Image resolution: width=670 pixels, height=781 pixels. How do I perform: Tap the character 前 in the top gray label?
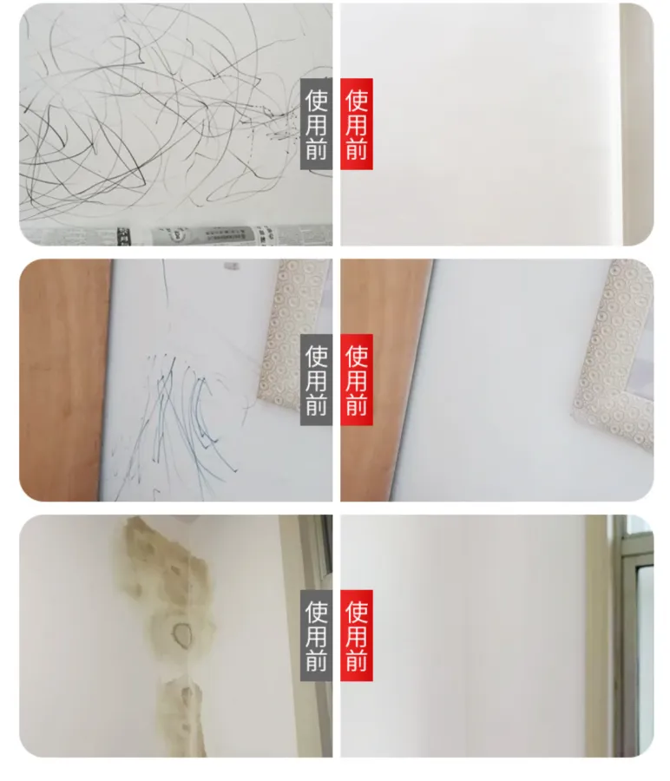click(x=316, y=149)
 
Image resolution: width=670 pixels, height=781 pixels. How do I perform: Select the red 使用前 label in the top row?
click(x=357, y=124)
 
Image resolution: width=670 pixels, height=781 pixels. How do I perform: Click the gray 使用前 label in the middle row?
click(x=316, y=379)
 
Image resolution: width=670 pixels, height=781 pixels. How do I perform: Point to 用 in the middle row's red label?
click(x=357, y=380)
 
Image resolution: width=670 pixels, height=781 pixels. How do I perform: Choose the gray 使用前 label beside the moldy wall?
click(x=316, y=635)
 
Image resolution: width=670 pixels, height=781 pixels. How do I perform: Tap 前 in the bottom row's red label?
click(x=357, y=660)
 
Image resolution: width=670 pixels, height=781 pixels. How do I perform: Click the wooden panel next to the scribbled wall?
click(x=62, y=378)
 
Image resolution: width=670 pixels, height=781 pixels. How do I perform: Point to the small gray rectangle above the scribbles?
click(x=230, y=266)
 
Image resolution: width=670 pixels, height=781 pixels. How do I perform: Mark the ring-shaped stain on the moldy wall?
click(x=182, y=634)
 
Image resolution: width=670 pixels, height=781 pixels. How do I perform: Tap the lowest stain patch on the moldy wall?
click(x=183, y=718)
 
